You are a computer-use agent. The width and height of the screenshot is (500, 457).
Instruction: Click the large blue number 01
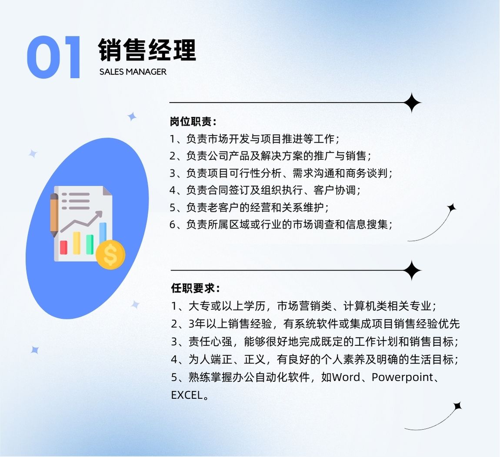[53, 57]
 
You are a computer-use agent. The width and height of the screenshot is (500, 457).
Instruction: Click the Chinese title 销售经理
[147, 50]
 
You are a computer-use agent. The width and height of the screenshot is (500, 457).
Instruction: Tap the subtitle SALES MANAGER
[133, 72]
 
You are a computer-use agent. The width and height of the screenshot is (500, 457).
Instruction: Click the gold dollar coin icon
[110, 254]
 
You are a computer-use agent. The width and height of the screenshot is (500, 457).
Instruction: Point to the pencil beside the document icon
[54, 215]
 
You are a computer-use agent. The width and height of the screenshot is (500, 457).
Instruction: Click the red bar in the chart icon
[64, 247]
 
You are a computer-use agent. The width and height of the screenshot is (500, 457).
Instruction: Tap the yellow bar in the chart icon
[77, 243]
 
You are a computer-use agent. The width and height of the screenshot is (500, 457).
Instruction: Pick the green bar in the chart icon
[90, 244]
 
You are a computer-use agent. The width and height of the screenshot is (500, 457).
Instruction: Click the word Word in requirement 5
[346, 377]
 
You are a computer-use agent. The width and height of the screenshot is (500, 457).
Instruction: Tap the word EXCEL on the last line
[187, 395]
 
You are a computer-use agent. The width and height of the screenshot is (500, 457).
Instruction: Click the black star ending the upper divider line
[412, 103]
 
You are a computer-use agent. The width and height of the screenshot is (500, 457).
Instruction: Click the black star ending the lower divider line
[412, 270]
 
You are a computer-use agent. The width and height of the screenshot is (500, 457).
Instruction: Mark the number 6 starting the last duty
[173, 225]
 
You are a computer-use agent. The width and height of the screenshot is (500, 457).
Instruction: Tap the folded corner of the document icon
[107, 191]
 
